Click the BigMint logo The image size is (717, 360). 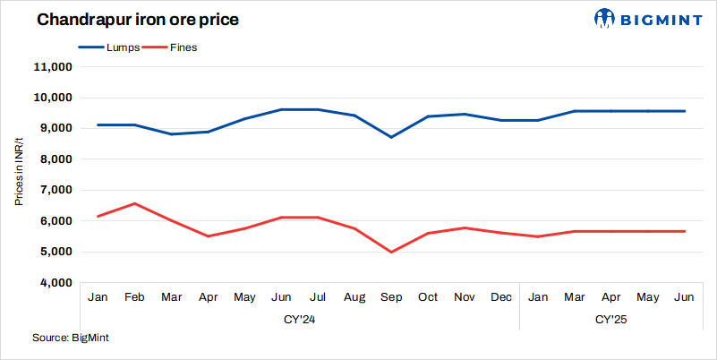(x=651, y=18)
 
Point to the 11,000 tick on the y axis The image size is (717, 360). (x=52, y=67)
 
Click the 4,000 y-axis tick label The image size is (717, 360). (x=55, y=283)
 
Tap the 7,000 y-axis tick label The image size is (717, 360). (x=55, y=190)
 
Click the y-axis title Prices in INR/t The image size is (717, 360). (x=19, y=173)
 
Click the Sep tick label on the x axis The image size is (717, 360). (x=391, y=297)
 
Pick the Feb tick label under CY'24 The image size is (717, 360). (x=134, y=297)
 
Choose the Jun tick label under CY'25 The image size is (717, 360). (x=685, y=297)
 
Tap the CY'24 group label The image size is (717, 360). (x=300, y=319)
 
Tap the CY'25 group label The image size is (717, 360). (x=611, y=319)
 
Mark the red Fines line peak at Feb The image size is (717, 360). (x=134, y=203)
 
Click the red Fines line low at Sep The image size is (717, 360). (x=391, y=252)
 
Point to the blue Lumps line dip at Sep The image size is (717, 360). (x=391, y=137)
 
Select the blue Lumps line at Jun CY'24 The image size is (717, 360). (x=281, y=109)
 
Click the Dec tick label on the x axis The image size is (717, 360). (x=501, y=297)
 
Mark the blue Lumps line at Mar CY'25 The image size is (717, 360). (x=575, y=111)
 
